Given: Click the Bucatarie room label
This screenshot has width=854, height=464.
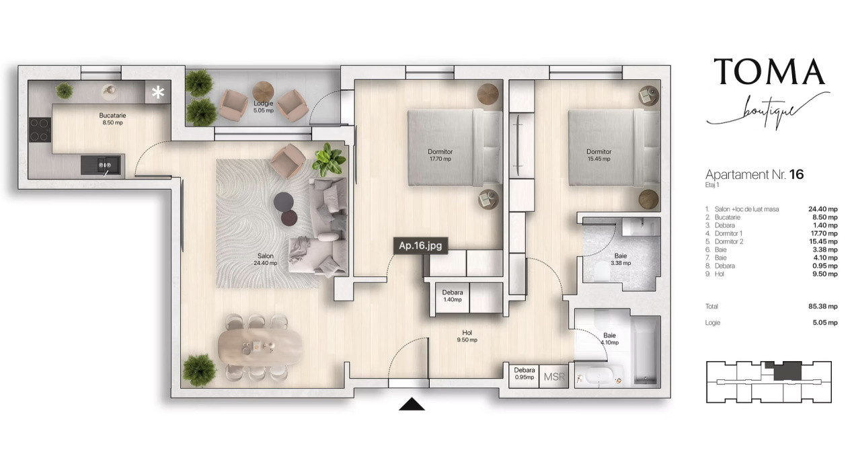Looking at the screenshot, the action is [112, 118].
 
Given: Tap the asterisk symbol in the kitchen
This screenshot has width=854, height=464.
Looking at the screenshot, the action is [158, 92].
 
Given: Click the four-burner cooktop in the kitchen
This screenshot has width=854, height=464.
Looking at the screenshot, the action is [40, 130].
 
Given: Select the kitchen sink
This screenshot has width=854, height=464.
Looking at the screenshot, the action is [103, 165].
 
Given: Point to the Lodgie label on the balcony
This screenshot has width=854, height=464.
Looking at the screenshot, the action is [264, 107].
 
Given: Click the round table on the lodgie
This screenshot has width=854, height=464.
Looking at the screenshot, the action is [263, 91].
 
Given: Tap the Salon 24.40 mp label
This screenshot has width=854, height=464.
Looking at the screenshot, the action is [266, 260].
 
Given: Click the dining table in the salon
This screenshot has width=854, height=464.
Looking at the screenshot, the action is [260, 346].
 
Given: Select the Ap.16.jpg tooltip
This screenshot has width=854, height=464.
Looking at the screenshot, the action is [420, 245].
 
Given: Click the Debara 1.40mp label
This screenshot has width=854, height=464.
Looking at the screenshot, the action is [453, 296].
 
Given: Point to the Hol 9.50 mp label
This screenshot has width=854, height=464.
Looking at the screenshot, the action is [467, 336].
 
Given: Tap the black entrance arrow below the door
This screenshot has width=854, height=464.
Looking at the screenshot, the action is [412, 404].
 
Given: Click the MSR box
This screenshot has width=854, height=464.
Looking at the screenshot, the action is [554, 377].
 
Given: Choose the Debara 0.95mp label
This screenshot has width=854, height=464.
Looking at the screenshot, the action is [525, 373].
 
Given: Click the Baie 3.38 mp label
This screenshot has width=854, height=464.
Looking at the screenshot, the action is [621, 260].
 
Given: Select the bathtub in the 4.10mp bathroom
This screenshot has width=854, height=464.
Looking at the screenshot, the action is [646, 350].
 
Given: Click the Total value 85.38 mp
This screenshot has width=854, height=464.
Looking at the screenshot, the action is [823, 306].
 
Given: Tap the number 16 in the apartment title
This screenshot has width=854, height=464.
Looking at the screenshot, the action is [796, 174].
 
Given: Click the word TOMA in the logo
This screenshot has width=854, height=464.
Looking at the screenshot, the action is [769, 71].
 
